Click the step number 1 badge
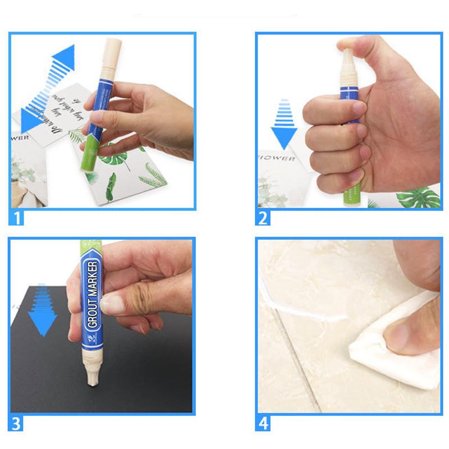tap(17, 217)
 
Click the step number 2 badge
tap(263, 217)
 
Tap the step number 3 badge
tap(17, 423)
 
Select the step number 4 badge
tap(263, 423)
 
